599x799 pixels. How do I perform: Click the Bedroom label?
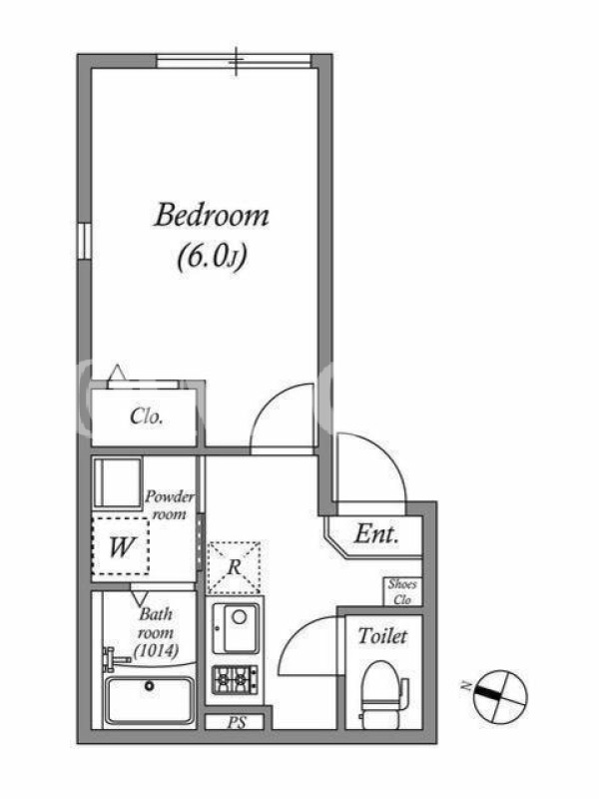coord(212,216)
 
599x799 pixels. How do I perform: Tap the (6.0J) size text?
coord(212,258)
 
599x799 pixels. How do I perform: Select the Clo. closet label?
coord(146,416)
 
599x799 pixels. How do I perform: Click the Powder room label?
coord(170,505)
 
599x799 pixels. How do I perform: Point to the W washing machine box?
coord(121,546)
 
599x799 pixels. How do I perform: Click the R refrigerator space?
coord(235,567)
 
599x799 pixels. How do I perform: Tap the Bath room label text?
coord(157,623)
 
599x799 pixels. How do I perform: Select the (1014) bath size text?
coord(157,651)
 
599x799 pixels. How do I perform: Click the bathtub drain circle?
coord(149,686)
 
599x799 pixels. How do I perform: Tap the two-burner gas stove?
coord(235,680)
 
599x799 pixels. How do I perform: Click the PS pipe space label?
coord(237,722)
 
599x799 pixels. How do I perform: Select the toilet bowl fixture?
coord(382,691)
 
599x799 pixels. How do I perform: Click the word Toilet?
coord(383,636)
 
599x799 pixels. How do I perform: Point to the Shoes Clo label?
coord(402,591)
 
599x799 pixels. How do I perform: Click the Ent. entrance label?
coord(376,534)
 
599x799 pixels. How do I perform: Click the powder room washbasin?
coord(117,483)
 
